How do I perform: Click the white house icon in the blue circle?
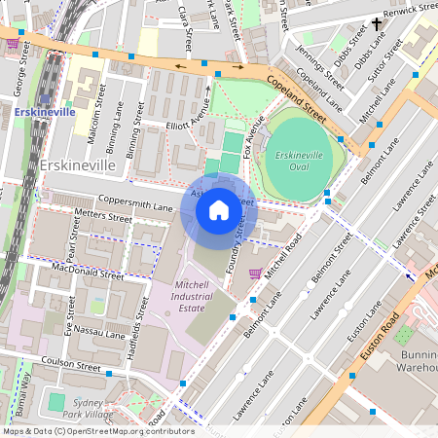(x=219, y=210)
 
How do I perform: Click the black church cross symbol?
(x=377, y=23)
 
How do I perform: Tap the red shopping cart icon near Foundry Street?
(x=255, y=273)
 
